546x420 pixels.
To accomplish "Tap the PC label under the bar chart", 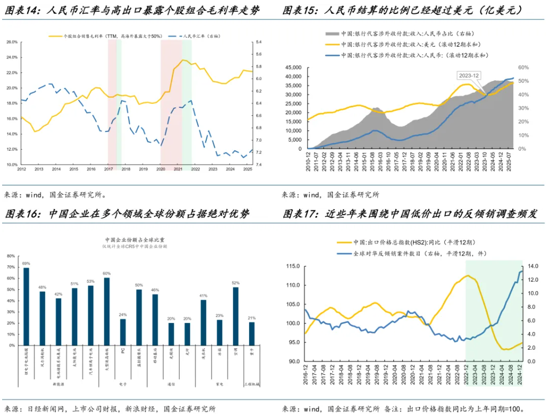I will [123, 350].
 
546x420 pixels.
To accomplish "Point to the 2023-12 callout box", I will [468, 75].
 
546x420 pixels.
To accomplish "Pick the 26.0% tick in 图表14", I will [12, 42].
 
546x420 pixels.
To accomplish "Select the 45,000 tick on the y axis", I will [294, 68].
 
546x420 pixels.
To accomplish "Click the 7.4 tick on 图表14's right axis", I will [259, 164].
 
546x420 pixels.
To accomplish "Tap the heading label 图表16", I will [23, 214].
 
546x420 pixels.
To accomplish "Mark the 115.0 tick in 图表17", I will [291, 266].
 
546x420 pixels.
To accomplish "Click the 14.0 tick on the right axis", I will [531, 266].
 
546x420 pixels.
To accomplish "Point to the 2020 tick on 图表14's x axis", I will [161, 169].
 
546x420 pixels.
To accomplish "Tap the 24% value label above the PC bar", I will [123, 314].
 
